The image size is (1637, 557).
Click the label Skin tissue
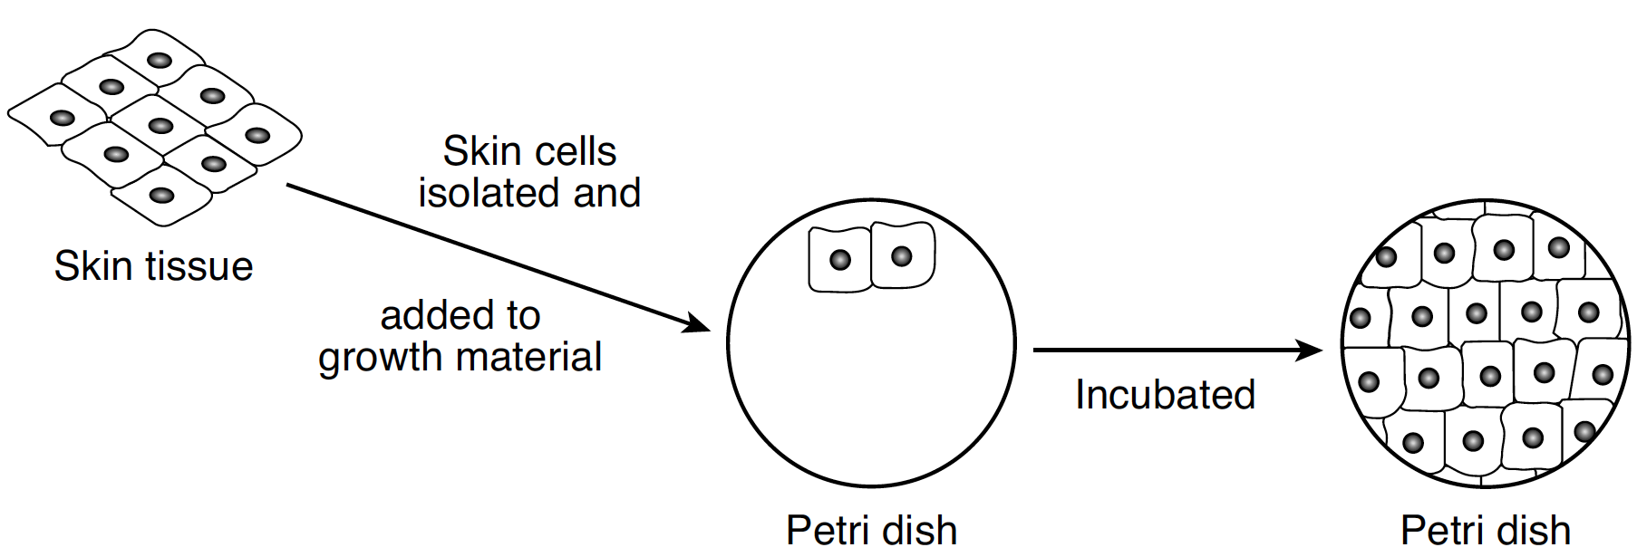[x=153, y=267]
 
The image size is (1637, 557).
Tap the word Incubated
[x=1165, y=395]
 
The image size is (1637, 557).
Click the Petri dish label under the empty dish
[x=871, y=531]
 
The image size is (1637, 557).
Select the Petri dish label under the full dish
[x=1485, y=531]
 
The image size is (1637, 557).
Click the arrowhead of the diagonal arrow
[x=696, y=322]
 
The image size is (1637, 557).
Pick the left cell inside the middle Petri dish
[x=839, y=260]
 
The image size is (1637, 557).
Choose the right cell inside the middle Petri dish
[x=902, y=256]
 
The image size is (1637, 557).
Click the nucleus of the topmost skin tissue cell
[x=160, y=61]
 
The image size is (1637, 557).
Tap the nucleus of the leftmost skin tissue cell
[x=62, y=118]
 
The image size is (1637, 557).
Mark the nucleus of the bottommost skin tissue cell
[x=162, y=195]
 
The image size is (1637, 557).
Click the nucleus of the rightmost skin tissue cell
[x=257, y=136]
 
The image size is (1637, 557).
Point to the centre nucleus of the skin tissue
[x=160, y=126]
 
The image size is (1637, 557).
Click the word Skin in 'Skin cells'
[x=478, y=151]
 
